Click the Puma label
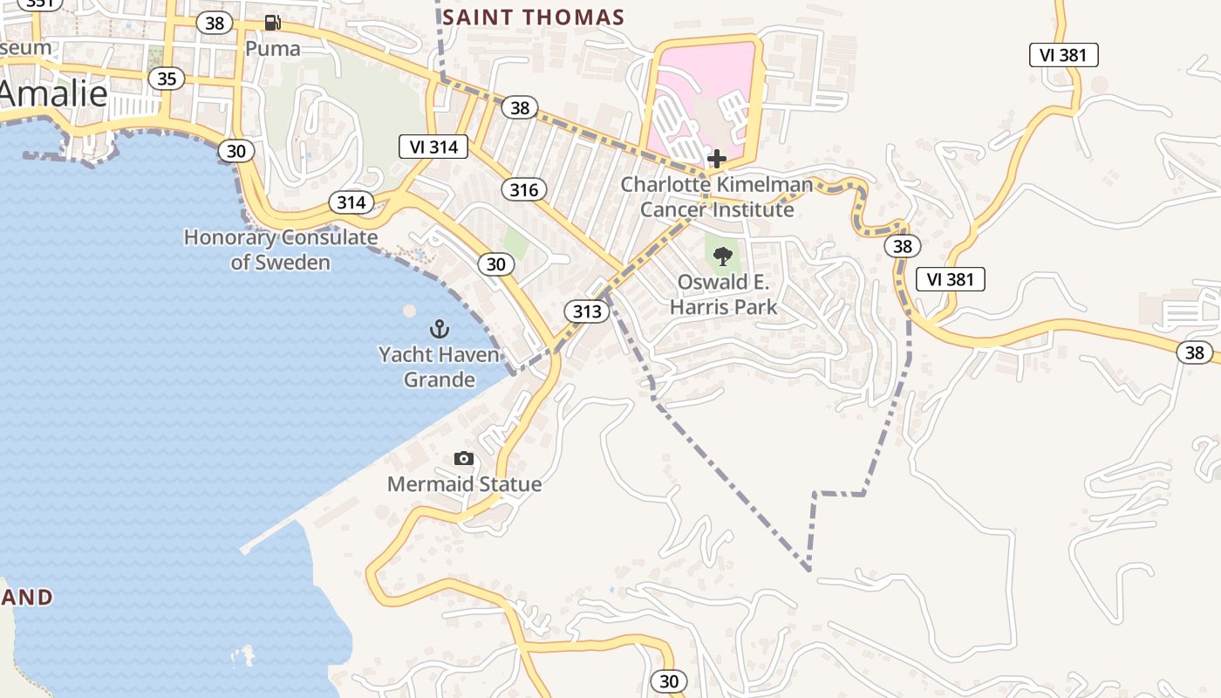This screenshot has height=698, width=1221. pyautogui.click(x=272, y=49)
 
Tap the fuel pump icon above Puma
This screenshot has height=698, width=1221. pyautogui.click(x=273, y=23)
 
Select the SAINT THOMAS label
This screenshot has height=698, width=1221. pyautogui.click(x=533, y=17)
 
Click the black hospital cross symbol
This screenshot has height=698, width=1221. pyautogui.click(x=717, y=159)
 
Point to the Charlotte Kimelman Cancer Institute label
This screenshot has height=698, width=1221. pyautogui.click(x=717, y=197)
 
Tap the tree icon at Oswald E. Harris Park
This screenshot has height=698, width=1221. pyautogui.click(x=722, y=256)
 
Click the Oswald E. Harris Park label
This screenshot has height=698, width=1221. pyautogui.click(x=723, y=294)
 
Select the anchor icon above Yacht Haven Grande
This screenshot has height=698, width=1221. pyautogui.click(x=440, y=329)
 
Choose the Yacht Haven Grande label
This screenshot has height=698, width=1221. pyautogui.click(x=439, y=366)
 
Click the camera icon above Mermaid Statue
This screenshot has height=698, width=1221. pyautogui.click(x=464, y=458)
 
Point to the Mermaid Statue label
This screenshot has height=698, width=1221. pyautogui.click(x=464, y=484)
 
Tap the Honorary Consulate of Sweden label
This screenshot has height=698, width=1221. pyautogui.click(x=281, y=250)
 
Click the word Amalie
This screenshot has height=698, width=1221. pyautogui.click(x=54, y=94)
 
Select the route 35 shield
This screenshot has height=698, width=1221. pyautogui.click(x=166, y=79)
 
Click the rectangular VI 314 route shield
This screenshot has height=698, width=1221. pyautogui.click(x=433, y=147)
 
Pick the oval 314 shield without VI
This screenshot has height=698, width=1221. pyautogui.click(x=351, y=202)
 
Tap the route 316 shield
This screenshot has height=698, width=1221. pyautogui.click(x=523, y=189)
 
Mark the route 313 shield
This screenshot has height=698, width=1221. pyautogui.click(x=586, y=311)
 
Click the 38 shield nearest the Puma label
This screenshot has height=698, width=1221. pyautogui.click(x=214, y=24)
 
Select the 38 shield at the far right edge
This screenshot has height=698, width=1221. pyautogui.click(x=1194, y=352)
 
